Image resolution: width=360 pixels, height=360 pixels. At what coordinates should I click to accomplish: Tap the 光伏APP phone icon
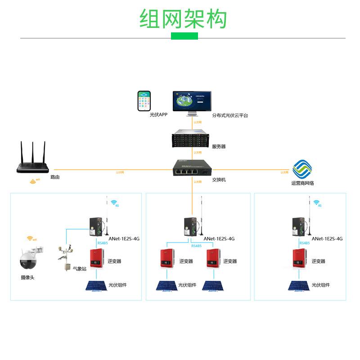pos(144,101)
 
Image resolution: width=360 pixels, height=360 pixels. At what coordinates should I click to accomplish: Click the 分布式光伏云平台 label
pos(230,116)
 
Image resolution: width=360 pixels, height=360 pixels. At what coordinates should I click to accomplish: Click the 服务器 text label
pos(219,147)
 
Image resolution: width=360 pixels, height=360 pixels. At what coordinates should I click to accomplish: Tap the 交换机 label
pos(219,180)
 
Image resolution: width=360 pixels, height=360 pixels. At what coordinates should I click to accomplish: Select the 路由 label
pos(55,177)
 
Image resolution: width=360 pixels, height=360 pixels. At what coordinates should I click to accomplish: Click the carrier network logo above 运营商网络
pos(302,170)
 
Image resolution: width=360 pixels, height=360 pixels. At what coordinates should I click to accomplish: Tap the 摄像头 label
pos(27,278)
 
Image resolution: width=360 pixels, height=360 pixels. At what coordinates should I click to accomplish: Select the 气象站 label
pos(80,269)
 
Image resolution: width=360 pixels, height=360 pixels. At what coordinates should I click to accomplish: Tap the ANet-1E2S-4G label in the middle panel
pos(219,239)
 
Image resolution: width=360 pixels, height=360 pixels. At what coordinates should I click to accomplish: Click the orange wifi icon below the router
pos(34,182)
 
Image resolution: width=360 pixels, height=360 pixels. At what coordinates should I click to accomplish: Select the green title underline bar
pos(184,36)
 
